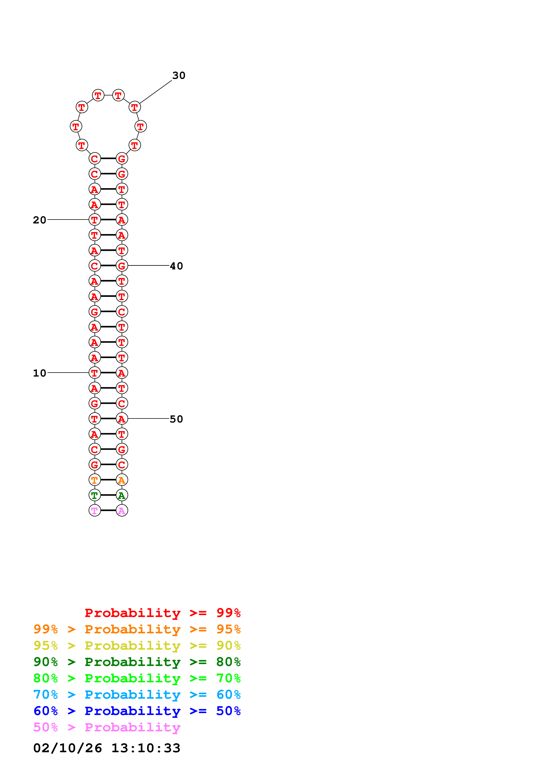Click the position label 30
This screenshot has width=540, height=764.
[x=178, y=76]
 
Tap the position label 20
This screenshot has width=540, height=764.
[x=40, y=220]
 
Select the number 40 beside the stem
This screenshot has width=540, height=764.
[x=176, y=266]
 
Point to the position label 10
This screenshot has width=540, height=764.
[x=40, y=373]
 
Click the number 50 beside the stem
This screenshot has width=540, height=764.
[x=176, y=419]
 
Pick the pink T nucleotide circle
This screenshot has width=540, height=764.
[x=95, y=510]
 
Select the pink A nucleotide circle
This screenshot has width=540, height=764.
[x=122, y=510]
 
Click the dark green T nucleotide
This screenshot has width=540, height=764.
[x=95, y=495]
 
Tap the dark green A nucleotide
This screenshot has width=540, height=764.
[x=122, y=495]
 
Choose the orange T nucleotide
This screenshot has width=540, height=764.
[x=95, y=480]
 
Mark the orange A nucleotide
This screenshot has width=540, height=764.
[x=122, y=480]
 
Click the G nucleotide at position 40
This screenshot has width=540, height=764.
[x=122, y=265]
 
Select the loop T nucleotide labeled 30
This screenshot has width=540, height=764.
[x=134, y=107]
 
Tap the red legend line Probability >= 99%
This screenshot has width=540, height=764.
[x=162, y=613]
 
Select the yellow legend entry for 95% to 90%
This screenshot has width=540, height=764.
[x=137, y=646]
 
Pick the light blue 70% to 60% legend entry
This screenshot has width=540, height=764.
[x=137, y=695]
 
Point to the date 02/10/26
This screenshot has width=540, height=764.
[x=68, y=748]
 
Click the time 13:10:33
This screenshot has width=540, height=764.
[x=146, y=748]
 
